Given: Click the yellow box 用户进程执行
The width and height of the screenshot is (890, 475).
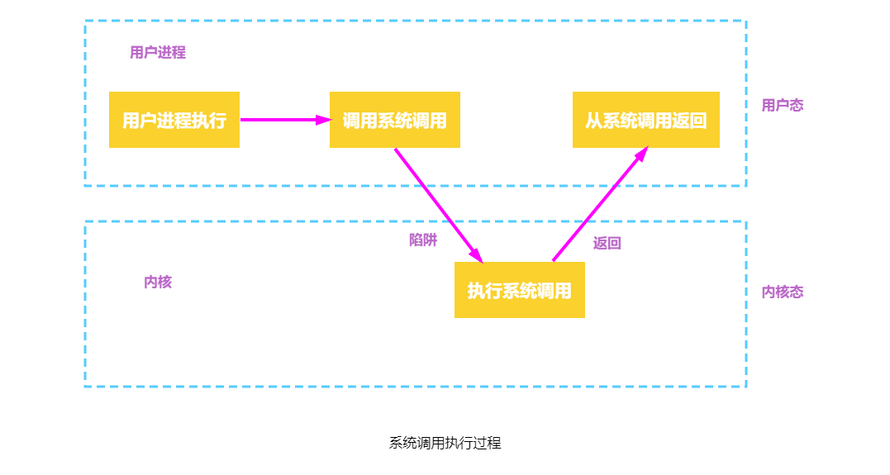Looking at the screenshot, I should (x=174, y=120).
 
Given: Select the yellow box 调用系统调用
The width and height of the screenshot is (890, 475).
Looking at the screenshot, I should (x=394, y=120).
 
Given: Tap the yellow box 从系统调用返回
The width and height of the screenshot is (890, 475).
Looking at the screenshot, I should (x=645, y=120).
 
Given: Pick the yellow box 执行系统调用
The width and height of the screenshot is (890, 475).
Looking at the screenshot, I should (x=519, y=290).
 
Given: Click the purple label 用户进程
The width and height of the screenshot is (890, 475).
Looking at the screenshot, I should (x=158, y=53).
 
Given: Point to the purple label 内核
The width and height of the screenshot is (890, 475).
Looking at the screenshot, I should (x=158, y=283).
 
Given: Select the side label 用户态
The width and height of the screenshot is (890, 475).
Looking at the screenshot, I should (x=782, y=106).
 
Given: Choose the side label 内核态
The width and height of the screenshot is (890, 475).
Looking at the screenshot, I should (x=782, y=292).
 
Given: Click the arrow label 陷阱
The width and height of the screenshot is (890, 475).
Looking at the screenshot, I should (x=423, y=240).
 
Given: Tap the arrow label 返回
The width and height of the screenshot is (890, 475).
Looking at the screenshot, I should (x=607, y=244).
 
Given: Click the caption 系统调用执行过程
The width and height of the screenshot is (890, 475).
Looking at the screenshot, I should (x=445, y=443).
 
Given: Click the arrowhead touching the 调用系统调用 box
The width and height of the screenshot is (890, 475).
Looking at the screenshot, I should (x=322, y=120).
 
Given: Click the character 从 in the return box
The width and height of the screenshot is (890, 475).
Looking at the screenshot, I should (x=593, y=121).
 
